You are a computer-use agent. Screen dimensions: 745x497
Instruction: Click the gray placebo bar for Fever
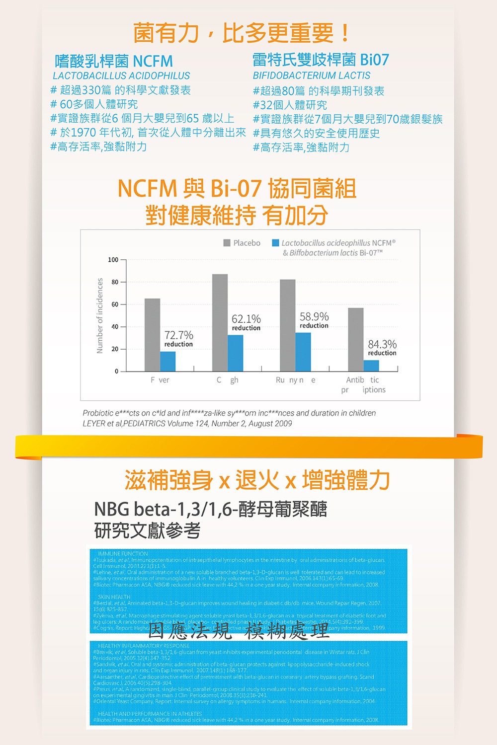coord(152,335)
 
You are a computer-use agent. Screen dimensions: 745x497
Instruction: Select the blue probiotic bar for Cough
coord(236,353)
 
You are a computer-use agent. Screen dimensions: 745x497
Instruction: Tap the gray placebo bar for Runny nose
coord(287,325)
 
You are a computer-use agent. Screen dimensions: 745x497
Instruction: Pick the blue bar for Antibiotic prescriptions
coord(371,366)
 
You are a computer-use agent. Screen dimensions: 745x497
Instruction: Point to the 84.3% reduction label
coord(382,348)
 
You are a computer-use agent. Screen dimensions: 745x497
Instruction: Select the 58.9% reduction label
coord(314,320)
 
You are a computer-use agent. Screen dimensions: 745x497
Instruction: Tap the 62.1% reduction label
coord(246,322)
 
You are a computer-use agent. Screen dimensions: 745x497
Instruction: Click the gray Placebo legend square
coord(227,243)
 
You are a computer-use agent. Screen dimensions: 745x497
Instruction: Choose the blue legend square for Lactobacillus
coord(275,243)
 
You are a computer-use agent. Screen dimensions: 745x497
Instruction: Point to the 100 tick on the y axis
coord(113,260)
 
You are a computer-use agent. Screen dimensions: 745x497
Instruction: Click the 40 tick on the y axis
coord(115,327)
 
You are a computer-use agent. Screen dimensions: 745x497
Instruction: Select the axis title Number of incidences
coord(100,315)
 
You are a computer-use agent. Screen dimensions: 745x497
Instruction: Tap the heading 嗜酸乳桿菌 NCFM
coord(114,62)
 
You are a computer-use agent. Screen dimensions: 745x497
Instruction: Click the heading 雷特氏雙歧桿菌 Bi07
coord(321,60)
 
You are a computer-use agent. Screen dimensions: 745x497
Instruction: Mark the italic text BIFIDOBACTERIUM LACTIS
coord(312,75)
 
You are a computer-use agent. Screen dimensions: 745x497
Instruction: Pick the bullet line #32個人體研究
coord(290,105)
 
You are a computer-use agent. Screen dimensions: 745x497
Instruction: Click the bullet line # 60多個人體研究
coord(94,104)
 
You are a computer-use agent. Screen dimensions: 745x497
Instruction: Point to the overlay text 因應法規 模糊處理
coord(239,630)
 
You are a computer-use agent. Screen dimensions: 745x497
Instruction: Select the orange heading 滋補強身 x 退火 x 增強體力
coord(257,480)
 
